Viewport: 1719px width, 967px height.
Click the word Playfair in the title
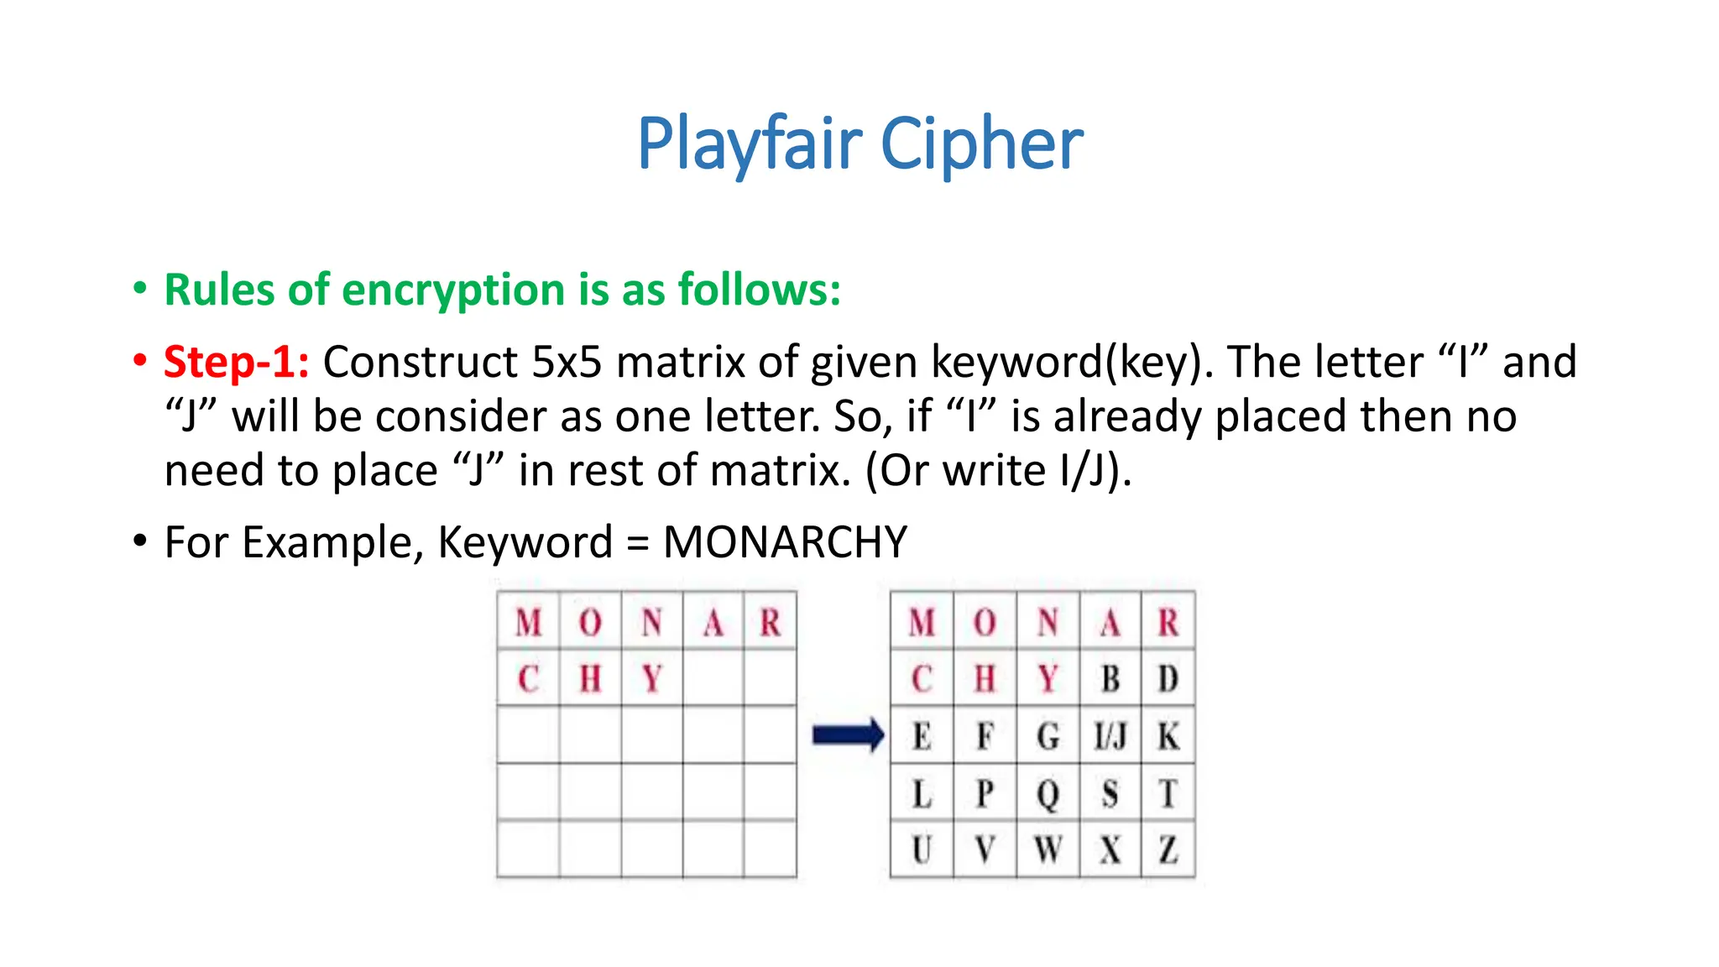750,144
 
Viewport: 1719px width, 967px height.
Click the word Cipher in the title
981,144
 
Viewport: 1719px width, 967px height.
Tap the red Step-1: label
236,363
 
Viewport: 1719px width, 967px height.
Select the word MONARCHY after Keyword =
785,542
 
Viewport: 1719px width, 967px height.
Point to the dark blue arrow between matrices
848,736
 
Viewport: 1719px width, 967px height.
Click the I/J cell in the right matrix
1110,736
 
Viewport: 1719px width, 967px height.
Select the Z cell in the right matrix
1168,849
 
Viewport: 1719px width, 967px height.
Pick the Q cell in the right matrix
1048,793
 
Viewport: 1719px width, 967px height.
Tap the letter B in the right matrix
1110,678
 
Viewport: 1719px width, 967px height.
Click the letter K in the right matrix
1168,736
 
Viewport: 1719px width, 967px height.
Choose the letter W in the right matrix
1048,849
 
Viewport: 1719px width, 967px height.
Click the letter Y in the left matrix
652,678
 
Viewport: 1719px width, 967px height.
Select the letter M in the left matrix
528,623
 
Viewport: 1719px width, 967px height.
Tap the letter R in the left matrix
770,623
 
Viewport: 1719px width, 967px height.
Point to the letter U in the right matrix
922,849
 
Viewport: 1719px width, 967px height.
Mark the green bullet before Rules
140,289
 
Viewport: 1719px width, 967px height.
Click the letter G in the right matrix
1048,736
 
